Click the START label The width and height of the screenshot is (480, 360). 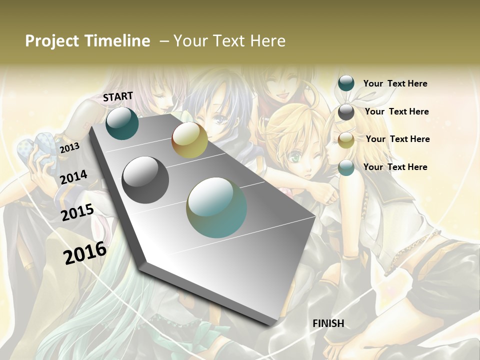(x=118, y=96)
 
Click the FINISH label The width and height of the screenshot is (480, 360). (x=328, y=323)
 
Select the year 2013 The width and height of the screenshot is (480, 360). (x=69, y=148)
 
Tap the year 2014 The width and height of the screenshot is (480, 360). (x=73, y=177)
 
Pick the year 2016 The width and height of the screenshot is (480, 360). (x=85, y=253)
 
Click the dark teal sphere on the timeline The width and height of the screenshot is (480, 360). (x=122, y=123)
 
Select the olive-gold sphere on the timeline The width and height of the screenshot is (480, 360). (x=189, y=140)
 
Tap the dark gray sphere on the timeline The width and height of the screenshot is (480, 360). (x=145, y=180)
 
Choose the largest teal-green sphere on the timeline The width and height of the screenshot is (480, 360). (x=216, y=207)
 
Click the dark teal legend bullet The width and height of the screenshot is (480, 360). (x=346, y=83)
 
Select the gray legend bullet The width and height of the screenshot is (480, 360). (x=346, y=112)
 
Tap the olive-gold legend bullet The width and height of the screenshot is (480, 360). (x=346, y=140)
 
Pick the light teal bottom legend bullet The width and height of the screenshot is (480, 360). (x=346, y=167)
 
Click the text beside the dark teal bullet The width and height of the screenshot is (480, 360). (x=395, y=83)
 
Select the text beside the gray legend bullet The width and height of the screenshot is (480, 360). (x=396, y=111)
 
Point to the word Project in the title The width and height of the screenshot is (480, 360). (x=52, y=41)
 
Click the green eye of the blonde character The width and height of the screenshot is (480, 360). (x=296, y=156)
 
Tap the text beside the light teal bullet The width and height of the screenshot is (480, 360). (x=395, y=167)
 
